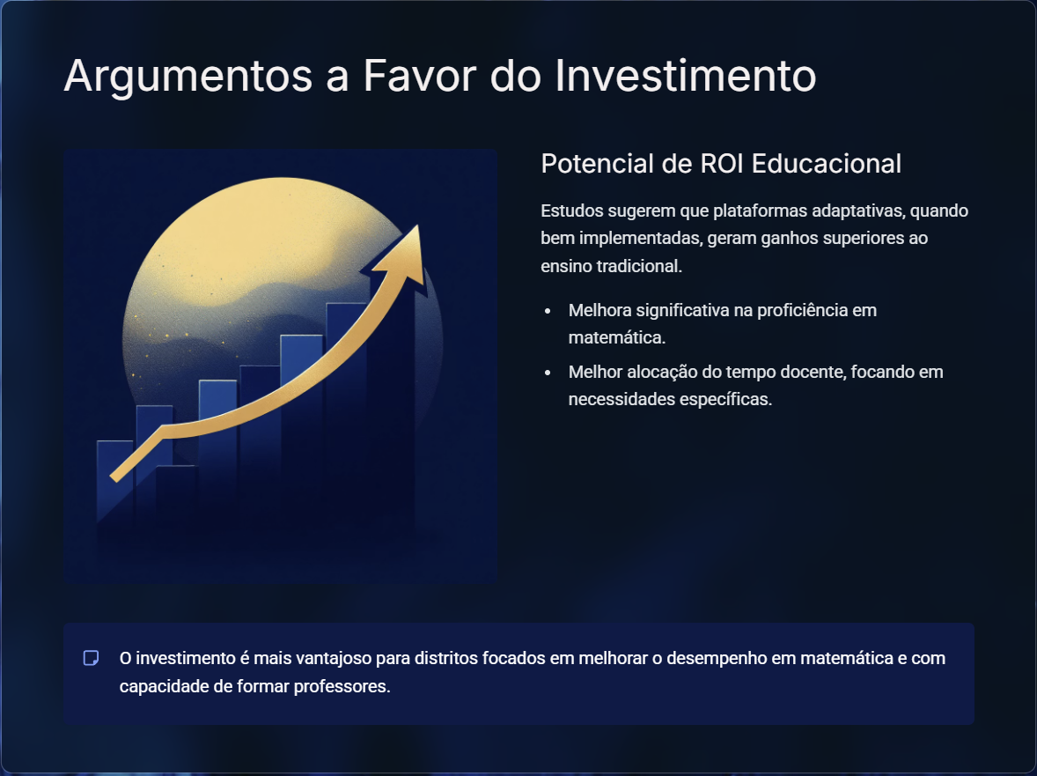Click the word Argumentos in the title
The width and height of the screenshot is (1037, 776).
[188, 76]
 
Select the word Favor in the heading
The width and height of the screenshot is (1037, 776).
[419, 75]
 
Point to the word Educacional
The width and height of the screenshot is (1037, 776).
[826, 164]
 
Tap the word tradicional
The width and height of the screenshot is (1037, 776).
[639, 266]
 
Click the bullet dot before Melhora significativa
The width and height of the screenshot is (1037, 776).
[548, 310]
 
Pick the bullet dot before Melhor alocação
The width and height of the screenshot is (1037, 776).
[548, 373]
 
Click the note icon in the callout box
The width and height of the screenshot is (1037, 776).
[92, 658]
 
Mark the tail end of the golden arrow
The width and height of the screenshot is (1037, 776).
[114, 477]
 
